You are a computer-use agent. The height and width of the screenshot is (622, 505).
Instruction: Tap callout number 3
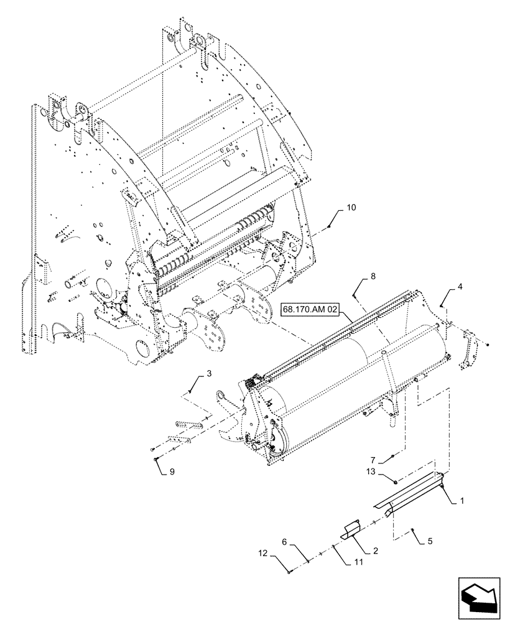pyautogui.click(x=209, y=374)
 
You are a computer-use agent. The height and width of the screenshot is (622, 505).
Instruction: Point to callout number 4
pyautogui.click(x=460, y=287)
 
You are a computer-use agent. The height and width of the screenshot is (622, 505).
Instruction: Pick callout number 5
pyautogui.click(x=430, y=541)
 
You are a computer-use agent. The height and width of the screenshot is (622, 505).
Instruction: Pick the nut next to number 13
pyautogui.click(x=394, y=480)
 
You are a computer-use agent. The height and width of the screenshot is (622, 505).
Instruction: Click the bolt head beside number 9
pyautogui.click(x=155, y=459)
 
